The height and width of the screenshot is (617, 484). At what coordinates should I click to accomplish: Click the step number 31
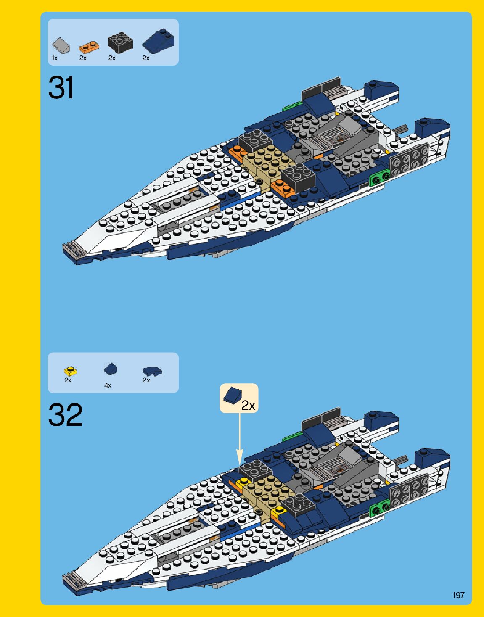(61, 88)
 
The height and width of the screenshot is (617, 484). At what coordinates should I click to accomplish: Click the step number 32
(65, 415)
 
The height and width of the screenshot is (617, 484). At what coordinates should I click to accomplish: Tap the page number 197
(458, 595)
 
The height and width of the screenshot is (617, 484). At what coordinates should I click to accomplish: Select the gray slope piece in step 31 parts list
(61, 45)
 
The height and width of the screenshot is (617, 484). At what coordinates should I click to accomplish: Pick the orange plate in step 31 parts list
(89, 46)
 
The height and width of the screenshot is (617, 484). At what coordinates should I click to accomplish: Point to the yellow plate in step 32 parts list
(70, 371)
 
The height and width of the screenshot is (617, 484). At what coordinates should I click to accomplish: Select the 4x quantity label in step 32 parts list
(108, 385)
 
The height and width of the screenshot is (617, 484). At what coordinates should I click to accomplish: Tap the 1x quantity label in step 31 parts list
(55, 58)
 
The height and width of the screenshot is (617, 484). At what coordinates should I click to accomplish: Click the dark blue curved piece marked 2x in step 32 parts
(152, 371)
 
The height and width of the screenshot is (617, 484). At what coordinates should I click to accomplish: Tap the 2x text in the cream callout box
(248, 405)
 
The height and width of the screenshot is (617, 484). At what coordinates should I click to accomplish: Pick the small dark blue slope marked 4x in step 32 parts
(110, 369)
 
